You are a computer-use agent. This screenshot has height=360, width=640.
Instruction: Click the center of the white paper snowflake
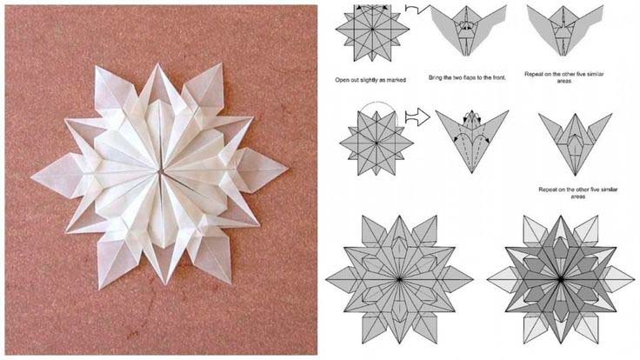click(160, 172)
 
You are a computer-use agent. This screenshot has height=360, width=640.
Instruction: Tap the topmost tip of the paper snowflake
click(157, 63)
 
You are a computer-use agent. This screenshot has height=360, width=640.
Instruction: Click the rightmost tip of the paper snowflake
click(288, 168)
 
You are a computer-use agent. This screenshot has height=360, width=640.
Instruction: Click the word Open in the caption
click(342, 80)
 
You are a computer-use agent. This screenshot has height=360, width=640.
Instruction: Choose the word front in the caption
click(498, 77)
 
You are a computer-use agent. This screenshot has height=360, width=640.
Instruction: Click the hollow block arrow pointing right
click(417, 117)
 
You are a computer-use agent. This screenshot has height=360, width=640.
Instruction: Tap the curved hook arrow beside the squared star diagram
click(417, 10)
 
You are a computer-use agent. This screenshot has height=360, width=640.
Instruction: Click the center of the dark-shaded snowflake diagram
click(561, 280)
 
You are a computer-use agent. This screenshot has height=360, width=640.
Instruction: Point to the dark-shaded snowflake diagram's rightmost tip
click(634, 280)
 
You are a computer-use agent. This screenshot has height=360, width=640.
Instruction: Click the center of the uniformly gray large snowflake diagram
click(399, 280)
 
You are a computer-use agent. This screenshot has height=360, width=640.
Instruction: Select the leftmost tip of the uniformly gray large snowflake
click(326, 280)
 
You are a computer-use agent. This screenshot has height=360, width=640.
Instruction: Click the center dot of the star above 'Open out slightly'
click(372, 30)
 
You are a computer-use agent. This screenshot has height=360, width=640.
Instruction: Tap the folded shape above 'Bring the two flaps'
click(468, 30)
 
